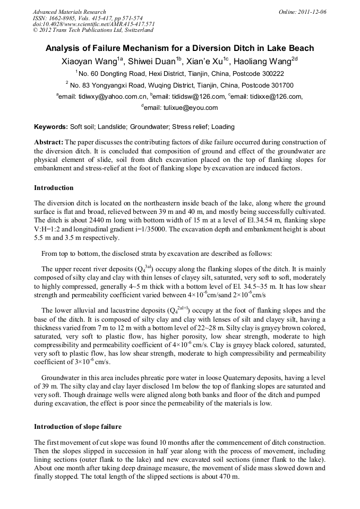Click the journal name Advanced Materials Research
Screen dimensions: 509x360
pos(69,12)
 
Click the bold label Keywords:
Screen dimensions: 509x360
pos(51,127)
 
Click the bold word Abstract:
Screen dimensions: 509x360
pos(49,143)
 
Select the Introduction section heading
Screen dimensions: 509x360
pos(54,188)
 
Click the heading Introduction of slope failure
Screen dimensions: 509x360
pos(78,427)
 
